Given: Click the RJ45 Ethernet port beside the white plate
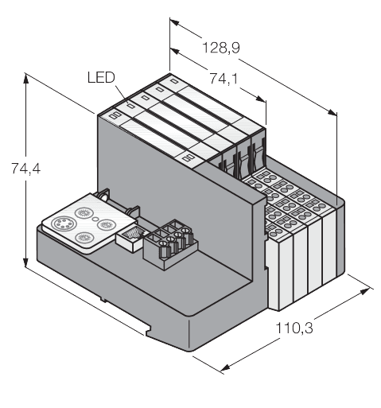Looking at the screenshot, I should pos(130,235).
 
